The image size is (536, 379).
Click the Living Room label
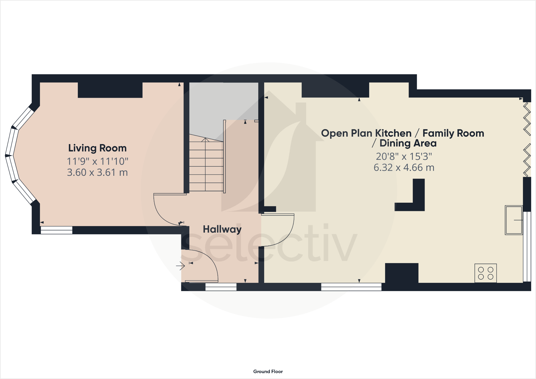tap(97, 148)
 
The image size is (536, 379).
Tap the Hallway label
tap(222, 229)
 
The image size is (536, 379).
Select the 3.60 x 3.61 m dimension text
tap(97, 173)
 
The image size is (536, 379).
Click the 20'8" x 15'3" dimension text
tap(404, 157)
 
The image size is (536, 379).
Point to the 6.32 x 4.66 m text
tap(404, 168)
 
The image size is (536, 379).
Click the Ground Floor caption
tap(268, 372)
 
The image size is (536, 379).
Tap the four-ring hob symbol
tap(485, 273)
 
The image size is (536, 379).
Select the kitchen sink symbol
tap(514, 220)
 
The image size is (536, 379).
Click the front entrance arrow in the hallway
tap(181, 266)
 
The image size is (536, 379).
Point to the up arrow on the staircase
tap(205, 140)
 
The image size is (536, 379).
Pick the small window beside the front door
tap(221, 287)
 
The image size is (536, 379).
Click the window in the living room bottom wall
tap(57, 230)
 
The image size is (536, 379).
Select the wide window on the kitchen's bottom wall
tap(351, 287)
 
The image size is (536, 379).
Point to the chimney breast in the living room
tap(110, 90)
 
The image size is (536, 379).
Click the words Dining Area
tap(408, 143)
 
